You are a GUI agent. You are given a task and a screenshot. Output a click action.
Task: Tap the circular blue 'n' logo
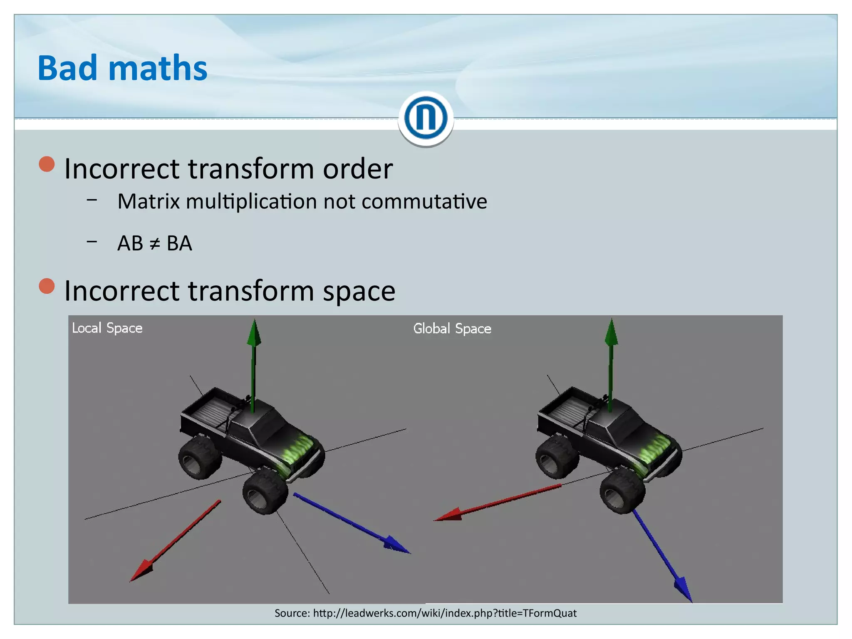point(426,118)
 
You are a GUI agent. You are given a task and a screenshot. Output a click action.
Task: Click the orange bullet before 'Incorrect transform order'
point(47,164)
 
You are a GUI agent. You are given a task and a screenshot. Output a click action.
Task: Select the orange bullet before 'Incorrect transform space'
point(47,286)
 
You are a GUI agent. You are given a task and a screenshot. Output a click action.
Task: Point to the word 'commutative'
point(424,201)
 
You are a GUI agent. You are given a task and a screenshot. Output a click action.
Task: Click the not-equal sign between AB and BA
point(154,244)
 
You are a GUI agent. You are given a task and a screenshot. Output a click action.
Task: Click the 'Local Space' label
point(107,328)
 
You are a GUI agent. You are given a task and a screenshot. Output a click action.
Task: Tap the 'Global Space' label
point(452,329)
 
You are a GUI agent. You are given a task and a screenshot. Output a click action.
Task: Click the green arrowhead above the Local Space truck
point(254,333)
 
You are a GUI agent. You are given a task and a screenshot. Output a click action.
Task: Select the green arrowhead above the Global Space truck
point(611,333)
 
